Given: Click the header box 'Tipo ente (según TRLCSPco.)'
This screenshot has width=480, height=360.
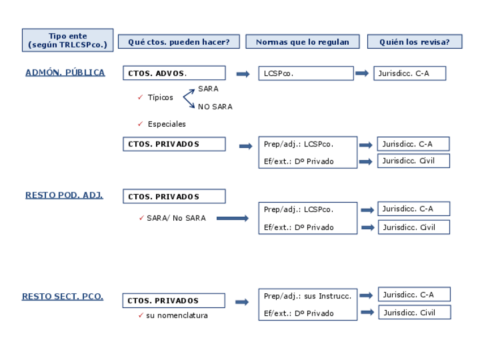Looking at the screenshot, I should point(67,40).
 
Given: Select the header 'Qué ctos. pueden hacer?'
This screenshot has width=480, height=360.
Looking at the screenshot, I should point(178,42).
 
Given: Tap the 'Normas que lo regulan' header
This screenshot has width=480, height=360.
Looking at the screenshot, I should point(302,42).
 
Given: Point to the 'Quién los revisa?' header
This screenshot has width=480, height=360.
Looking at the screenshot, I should point(414,42).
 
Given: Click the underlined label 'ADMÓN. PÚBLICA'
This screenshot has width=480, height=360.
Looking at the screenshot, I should point(65,72).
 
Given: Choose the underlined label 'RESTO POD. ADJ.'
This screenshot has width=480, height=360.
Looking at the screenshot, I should point(64,195).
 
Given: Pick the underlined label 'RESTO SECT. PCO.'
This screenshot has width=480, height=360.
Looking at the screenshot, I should point(62,297).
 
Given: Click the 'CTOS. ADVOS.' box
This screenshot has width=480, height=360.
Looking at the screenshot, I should point(174,73).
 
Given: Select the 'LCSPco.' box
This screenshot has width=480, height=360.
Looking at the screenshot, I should point(306,74).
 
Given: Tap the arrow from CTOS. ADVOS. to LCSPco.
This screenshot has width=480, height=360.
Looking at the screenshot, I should point(243,74).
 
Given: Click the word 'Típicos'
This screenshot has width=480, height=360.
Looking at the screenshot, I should point(160,97).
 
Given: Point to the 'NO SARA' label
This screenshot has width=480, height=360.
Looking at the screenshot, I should point(215,106).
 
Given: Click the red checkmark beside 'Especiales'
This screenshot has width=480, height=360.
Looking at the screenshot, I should point(140,124).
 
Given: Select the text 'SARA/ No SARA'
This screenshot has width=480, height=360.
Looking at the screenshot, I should point(176,218).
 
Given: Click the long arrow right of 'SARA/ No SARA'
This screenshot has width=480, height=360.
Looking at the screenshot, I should point(232,218).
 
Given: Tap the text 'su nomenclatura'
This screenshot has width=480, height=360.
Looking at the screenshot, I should point(177,316).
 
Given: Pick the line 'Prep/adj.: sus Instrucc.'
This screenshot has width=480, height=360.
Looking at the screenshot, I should point(307,296).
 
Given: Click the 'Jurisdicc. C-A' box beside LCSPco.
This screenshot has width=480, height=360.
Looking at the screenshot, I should point(409,74).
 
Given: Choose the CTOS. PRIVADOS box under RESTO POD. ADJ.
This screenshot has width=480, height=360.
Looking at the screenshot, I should point(174,196).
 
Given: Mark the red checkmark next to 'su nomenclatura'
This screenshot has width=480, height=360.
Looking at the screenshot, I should point(140,315).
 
